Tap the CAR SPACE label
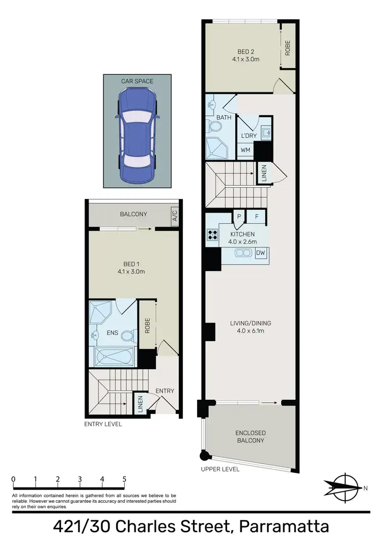click(137, 81)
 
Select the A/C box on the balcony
click(175, 217)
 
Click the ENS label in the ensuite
click(113, 333)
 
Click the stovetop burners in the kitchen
click(211, 235)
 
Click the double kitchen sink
click(243, 253)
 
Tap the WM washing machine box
click(245, 150)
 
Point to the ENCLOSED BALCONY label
click(250, 436)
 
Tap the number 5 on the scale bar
click(124, 479)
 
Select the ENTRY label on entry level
click(165, 391)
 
